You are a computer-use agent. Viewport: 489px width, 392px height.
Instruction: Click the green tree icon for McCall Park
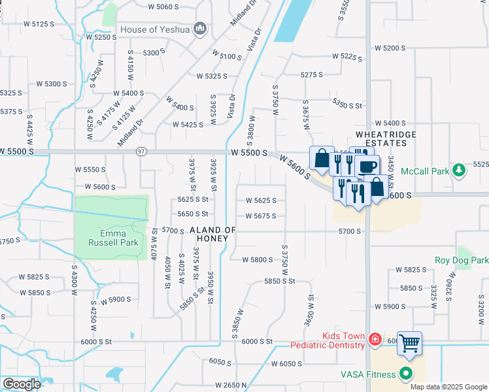(460, 171)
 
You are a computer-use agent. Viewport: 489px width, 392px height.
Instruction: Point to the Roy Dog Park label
(462, 260)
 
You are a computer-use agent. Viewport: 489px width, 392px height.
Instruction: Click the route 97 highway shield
(141, 152)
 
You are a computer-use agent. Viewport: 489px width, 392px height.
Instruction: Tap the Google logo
(21, 384)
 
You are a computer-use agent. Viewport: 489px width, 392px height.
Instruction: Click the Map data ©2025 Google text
(448, 387)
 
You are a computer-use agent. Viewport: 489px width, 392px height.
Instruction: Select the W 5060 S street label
(163, 7)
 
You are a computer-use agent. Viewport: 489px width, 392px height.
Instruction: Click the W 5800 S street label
(257, 260)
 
